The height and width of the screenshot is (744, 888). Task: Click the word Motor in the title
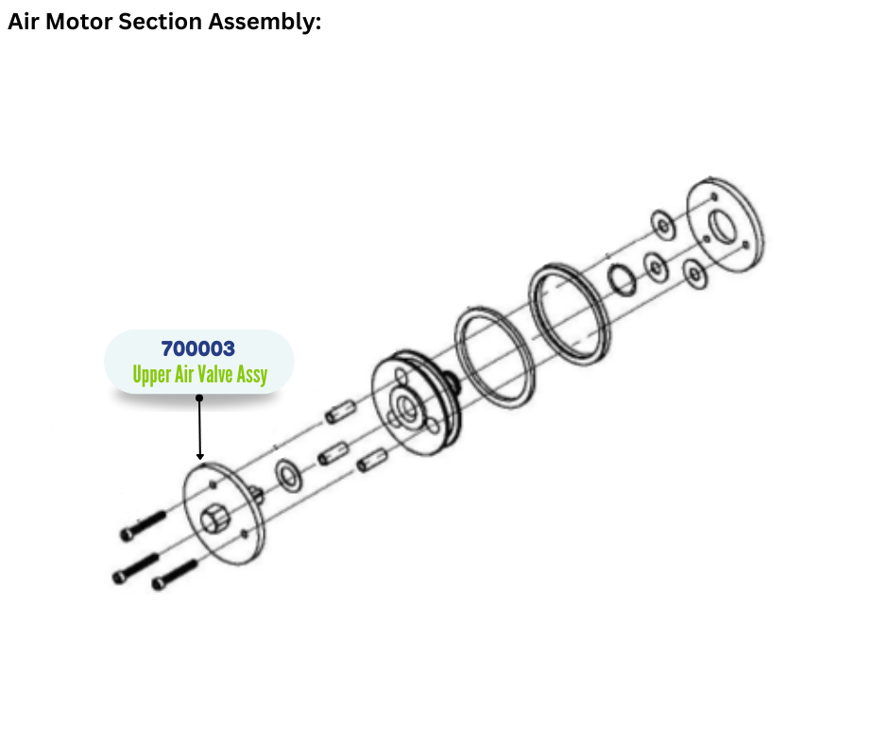[77, 22]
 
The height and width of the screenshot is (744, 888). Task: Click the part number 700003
[198, 350]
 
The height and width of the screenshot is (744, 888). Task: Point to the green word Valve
[215, 375]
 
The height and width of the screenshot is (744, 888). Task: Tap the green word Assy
[252, 375]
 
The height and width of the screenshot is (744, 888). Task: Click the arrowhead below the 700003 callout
[200, 456]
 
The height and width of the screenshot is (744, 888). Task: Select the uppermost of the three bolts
[143, 525]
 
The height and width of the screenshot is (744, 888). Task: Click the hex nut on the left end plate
[211, 520]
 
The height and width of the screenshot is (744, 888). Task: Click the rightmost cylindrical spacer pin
[373, 462]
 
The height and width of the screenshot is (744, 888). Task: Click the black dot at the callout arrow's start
[199, 397]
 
